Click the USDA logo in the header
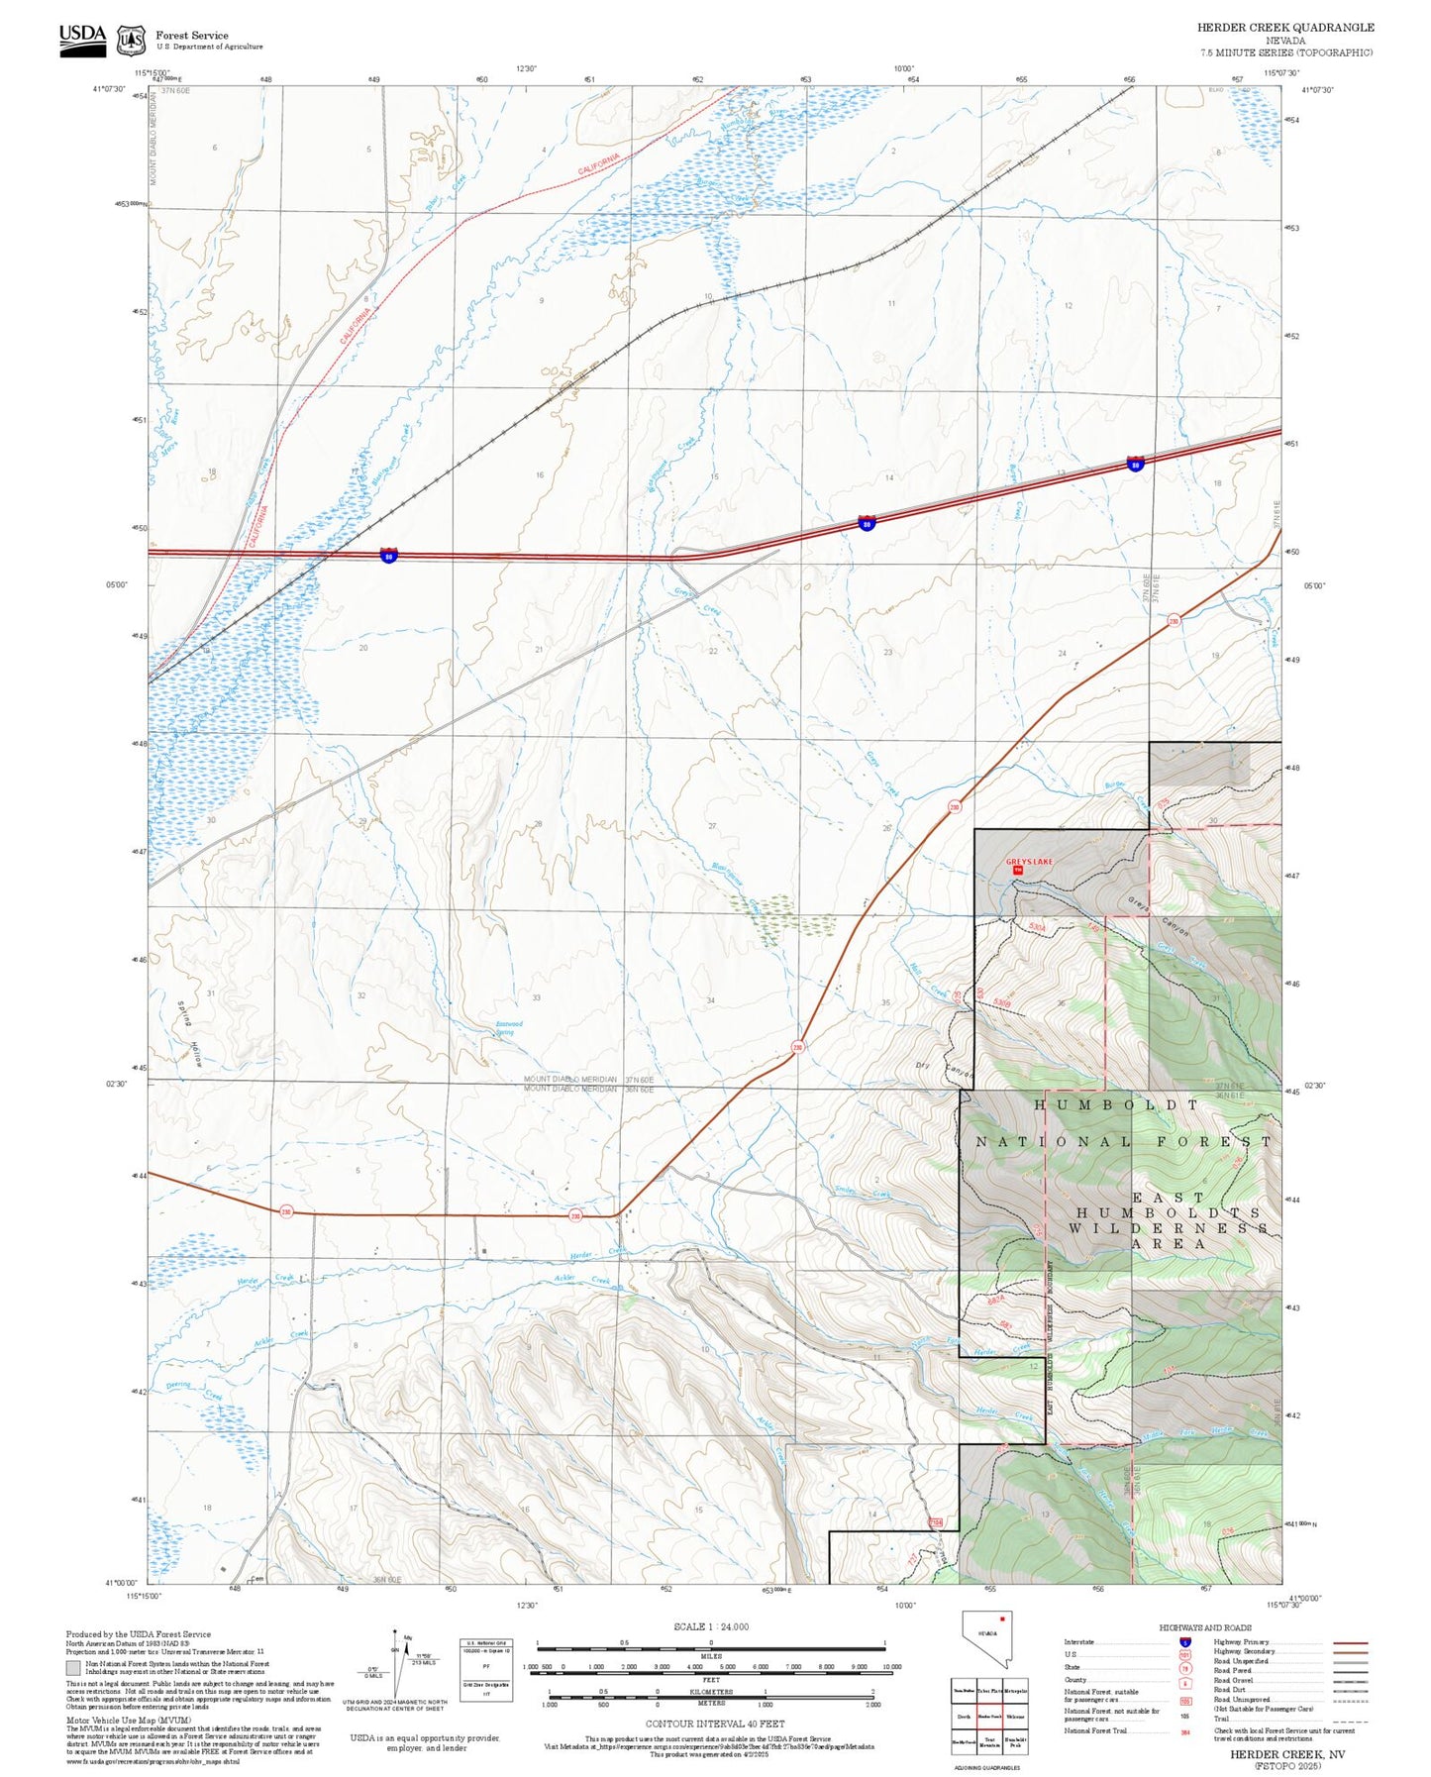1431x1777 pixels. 82,40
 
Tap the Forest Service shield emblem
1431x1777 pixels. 131,41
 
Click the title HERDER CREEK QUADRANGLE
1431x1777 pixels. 1284,27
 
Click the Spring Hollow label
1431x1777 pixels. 190,1033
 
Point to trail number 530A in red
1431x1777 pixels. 1037,925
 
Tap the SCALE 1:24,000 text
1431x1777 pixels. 711,1626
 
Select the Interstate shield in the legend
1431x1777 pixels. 1184,1642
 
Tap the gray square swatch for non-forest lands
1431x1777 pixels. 73,1668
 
